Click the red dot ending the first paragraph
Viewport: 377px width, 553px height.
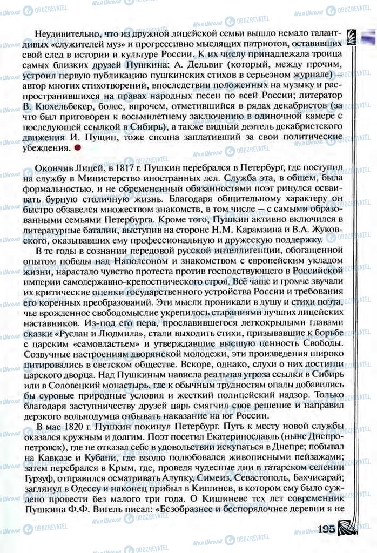[x=78, y=147]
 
